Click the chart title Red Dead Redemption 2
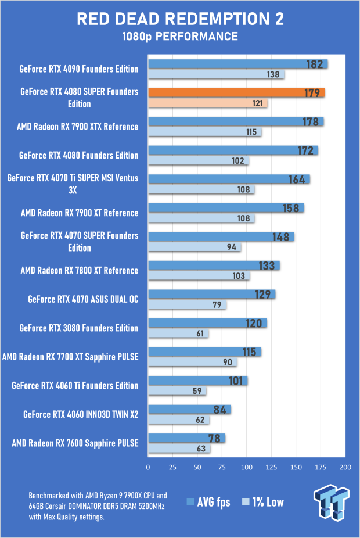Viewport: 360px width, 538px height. point(180,19)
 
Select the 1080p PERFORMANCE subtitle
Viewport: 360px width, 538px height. point(180,37)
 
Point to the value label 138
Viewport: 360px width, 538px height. point(273,75)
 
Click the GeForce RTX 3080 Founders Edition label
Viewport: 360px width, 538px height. point(79,328)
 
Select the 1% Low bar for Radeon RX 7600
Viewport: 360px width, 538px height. point(179,449)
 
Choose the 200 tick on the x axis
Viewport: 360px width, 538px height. point(345,467)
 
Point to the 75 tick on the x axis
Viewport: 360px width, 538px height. point(222,467)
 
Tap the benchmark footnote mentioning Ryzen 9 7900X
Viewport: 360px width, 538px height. point(98,505)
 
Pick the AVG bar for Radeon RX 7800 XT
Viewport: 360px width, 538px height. point(214,266)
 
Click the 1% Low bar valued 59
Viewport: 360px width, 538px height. point(177,391)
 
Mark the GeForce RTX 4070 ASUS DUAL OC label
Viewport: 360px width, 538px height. point(83,299)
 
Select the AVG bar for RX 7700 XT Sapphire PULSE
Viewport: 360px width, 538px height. point(204,352)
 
